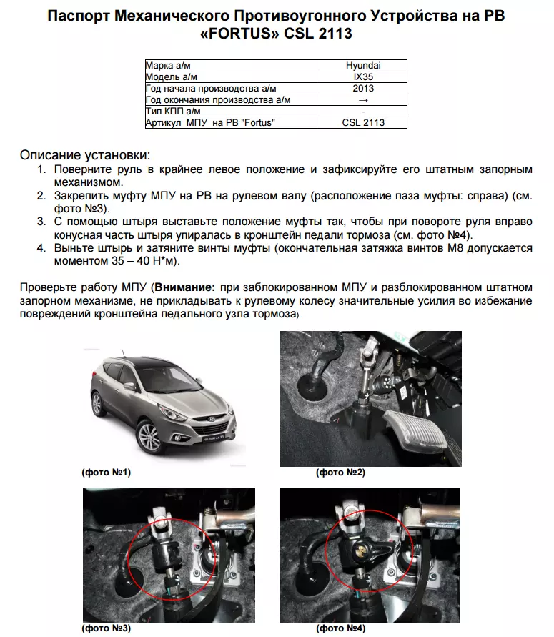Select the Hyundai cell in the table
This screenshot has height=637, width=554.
(363, 65)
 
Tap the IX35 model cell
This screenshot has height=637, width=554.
(363, 76)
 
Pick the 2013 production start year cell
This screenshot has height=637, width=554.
(363, 88)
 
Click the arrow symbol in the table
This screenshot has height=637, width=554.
(363, 99)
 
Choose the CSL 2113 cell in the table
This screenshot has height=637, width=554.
(363, 122)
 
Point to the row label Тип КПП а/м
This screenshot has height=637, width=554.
(172, 111)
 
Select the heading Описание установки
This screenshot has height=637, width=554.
(85, 154)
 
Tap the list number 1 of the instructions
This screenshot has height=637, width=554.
(41, 169)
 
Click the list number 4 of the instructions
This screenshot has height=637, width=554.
(41, 248)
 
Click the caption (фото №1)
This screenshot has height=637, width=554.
(107, 473)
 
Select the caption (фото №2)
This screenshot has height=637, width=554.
(340, 473)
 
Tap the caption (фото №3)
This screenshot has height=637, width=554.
(104, 628)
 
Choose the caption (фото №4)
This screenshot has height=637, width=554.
(341, 628)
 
